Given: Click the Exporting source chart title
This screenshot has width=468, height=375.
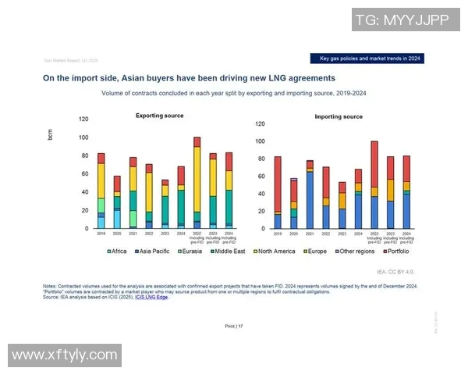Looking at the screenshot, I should [x=160, y=116].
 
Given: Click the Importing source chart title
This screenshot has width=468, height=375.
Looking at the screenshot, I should [x=338, y=116].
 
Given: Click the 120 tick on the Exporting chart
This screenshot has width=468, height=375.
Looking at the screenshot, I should [x=83, y=119].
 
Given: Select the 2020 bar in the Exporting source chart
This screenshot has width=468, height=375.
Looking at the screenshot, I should [x=117, y=202].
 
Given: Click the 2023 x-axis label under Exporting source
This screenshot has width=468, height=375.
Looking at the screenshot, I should [x=165, y=234].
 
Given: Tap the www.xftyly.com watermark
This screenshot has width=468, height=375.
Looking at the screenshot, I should [x=65, y=356].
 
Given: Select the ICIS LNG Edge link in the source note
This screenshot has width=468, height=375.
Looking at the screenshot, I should [x=153, y=296].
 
